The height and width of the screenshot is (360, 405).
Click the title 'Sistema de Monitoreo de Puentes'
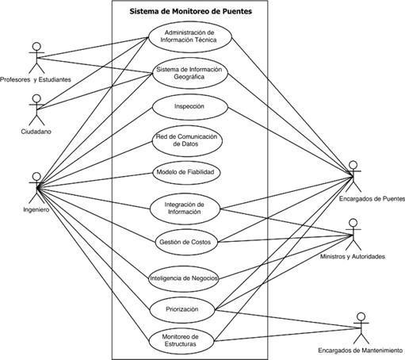click(190, 11)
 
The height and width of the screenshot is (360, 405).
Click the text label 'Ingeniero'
click(36, 210)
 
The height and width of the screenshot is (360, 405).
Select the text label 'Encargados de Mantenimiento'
click(361, 350)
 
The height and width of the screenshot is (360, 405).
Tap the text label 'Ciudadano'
click(36, 132)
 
